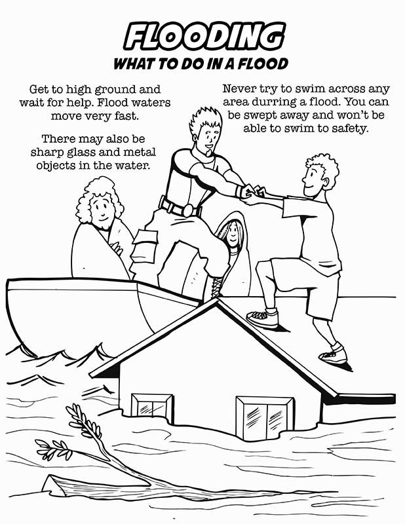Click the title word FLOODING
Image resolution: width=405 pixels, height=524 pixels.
[x=204, y=37]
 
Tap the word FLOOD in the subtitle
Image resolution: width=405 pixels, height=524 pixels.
[x=261, y=64]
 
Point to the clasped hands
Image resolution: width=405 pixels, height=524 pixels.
[x=252, y=192]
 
